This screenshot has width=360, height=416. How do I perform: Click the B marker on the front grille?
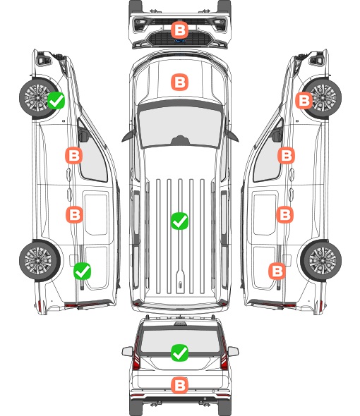click(179, 30)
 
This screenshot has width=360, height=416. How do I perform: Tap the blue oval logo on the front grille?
click(179, 41)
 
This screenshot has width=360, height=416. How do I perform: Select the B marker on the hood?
click(179, 82)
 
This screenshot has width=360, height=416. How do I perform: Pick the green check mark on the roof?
click(179, 221)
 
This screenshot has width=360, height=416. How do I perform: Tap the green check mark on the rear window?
click(179, 353)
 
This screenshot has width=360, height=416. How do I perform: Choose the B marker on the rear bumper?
click(179, 385)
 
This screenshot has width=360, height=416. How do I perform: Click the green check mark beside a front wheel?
click(56, 100)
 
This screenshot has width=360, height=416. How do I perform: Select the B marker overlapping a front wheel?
click(304, 100)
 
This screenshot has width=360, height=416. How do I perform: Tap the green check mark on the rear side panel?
click(82, 271)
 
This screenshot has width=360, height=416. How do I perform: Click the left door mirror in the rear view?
click(127, 352)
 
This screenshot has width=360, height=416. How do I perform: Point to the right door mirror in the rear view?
click(233, 352)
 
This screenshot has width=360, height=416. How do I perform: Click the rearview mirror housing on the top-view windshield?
click(180, 140)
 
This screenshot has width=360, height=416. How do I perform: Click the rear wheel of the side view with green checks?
click(40, 260)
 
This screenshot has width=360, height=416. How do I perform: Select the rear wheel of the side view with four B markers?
click(321, 260)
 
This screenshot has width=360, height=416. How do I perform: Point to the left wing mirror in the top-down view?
click(128, 136)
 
